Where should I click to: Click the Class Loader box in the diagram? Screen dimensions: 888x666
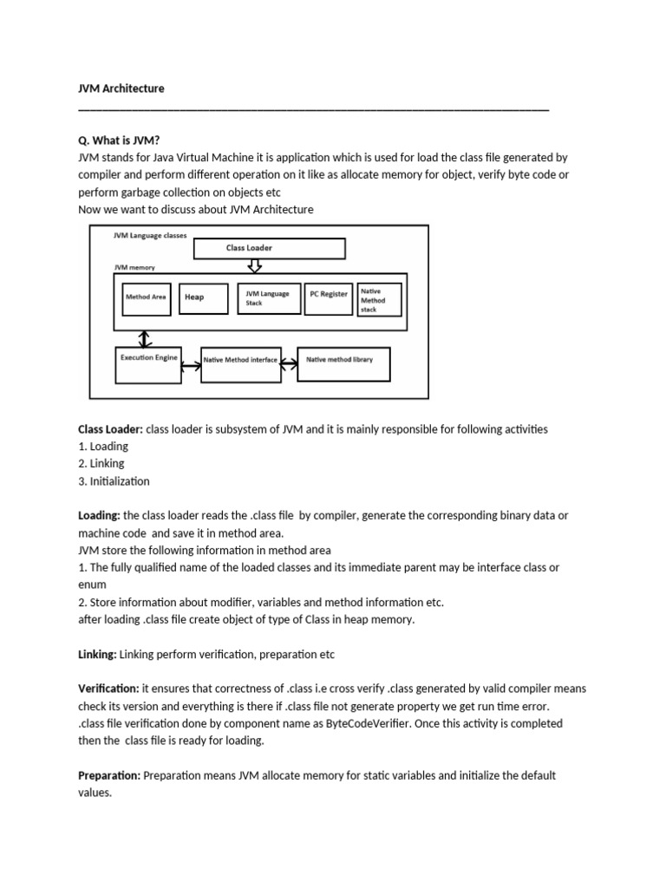point(269,248)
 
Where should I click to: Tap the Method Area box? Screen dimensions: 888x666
point(146,297)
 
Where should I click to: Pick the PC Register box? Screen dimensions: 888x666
point(329,295)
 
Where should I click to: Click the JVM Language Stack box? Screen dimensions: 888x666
point(268,298)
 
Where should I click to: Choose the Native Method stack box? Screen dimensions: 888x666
point(379,300)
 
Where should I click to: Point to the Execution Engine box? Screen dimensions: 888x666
point(147,363)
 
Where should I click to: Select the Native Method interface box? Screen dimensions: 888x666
point(241,365)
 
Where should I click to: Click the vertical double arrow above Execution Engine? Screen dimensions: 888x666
point(145,337)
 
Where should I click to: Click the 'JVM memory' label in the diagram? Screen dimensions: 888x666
point(135,269)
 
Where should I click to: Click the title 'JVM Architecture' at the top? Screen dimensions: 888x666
point(121,88)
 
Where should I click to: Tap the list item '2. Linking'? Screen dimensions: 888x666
point(101,463)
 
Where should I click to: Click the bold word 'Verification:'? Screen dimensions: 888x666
point(108,689)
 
